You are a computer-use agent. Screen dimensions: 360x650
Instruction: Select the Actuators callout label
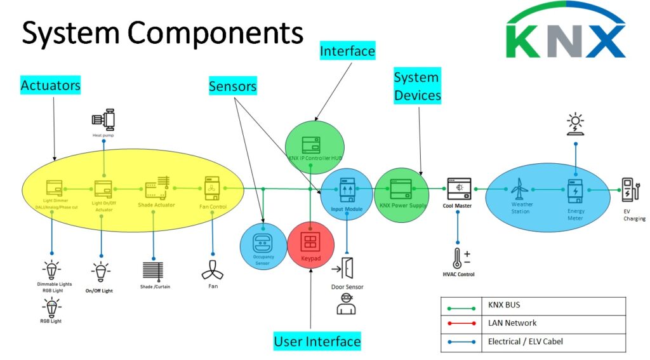(x=50, y=85)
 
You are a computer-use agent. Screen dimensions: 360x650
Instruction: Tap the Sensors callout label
(x=233, y=86)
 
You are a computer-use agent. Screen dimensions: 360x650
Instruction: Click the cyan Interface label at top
(x=347, y=50)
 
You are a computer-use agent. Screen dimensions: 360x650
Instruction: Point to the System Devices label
(x=417, y=86)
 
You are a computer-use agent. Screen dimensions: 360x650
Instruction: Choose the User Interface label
(x=317, y=341)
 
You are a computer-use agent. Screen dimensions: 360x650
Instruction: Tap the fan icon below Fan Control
(x=211, y=270)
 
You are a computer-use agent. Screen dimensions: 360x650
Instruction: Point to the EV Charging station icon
(x=630, y=189)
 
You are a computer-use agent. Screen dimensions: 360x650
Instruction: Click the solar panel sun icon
(x=576, y=123)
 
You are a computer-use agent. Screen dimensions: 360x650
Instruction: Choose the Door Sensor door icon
(x=347, y=269)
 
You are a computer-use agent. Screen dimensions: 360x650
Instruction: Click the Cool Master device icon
(x=459, y=189)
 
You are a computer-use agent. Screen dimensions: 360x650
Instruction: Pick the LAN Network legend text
(x=512, y=323)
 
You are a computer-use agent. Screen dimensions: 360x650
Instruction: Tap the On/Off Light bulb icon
(x=101, y=272)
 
